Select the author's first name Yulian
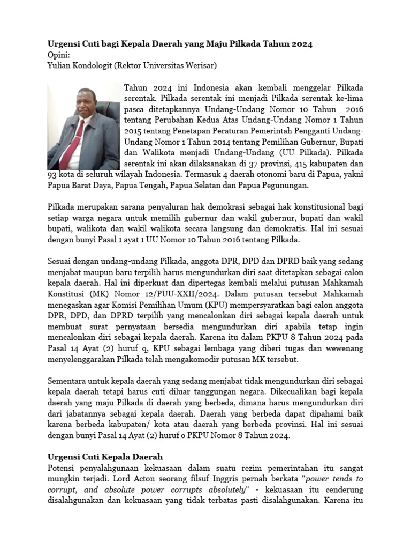[60, 66]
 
